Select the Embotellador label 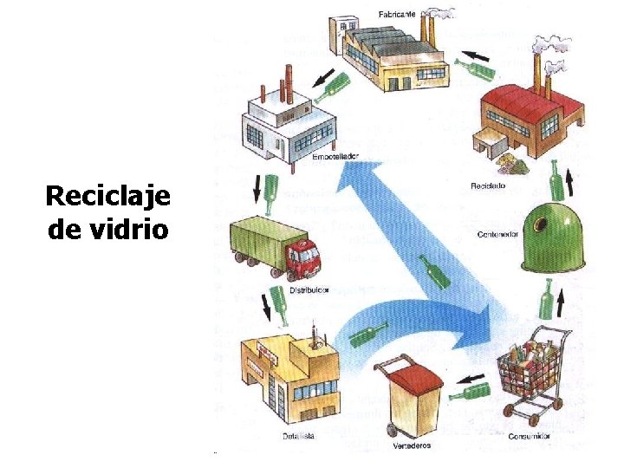tap(335, 158)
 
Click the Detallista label tap(298, 436)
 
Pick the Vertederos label tap(411, 445)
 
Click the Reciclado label tap(488, 185)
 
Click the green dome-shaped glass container tap(551, 236)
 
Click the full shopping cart tap(530, 373)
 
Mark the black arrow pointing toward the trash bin tap(471, 378)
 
